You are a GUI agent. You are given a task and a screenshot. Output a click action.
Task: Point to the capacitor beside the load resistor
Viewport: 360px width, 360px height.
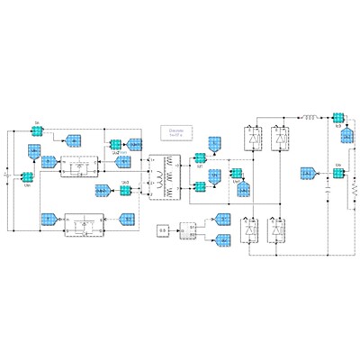coord(327,192)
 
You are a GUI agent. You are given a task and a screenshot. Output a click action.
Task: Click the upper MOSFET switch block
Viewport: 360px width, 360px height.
coord(79,166)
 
